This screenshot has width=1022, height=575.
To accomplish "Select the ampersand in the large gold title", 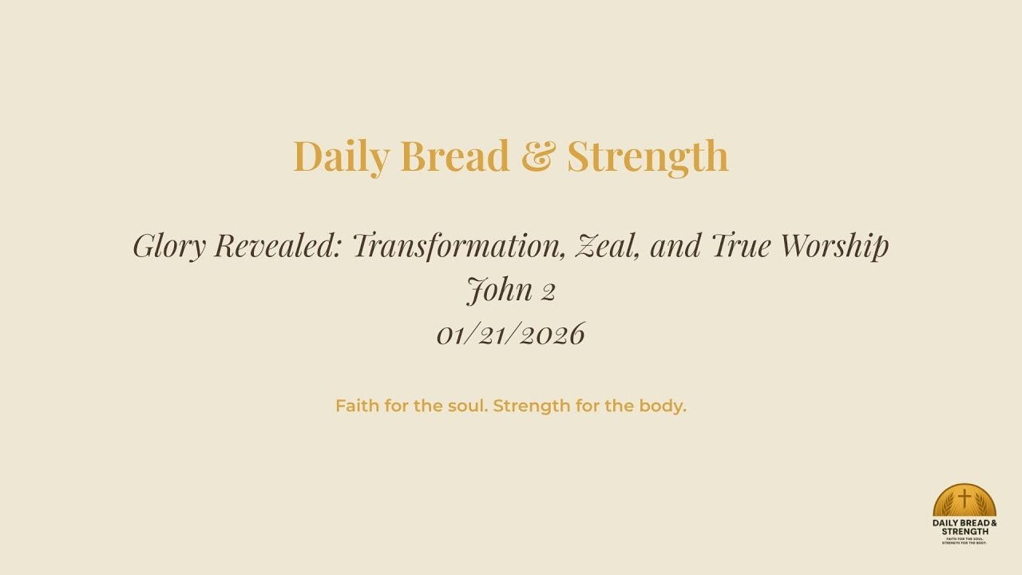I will tap(538, 156).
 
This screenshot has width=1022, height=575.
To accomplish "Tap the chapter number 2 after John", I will tap(548, 291).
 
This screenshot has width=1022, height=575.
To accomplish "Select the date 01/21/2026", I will tap(511, 334).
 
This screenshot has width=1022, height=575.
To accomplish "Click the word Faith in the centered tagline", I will tap(357, 406).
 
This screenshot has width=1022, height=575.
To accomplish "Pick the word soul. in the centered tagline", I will tap(468, 406).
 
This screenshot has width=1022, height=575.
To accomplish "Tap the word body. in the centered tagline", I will tap(663, 406).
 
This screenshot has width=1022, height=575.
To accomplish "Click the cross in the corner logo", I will tap(965, 498).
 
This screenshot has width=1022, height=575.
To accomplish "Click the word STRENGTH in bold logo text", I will tap(965, 531).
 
